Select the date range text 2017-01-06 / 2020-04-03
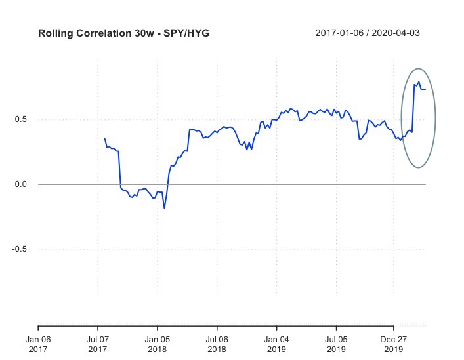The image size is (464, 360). tap(367, 33)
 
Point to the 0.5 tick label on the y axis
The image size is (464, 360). tap(22, 119)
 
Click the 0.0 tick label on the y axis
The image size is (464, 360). tap(22, 184)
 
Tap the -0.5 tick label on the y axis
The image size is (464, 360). tap(20, 249)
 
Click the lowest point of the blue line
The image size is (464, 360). tap(164, 208)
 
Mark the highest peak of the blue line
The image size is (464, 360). tap(419, 82)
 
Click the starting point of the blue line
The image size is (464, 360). tap(104, 139)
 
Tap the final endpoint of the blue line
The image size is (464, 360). tap(425, 89)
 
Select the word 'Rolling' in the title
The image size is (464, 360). tap(54, 33)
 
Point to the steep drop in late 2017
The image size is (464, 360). tap(119, 170)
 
